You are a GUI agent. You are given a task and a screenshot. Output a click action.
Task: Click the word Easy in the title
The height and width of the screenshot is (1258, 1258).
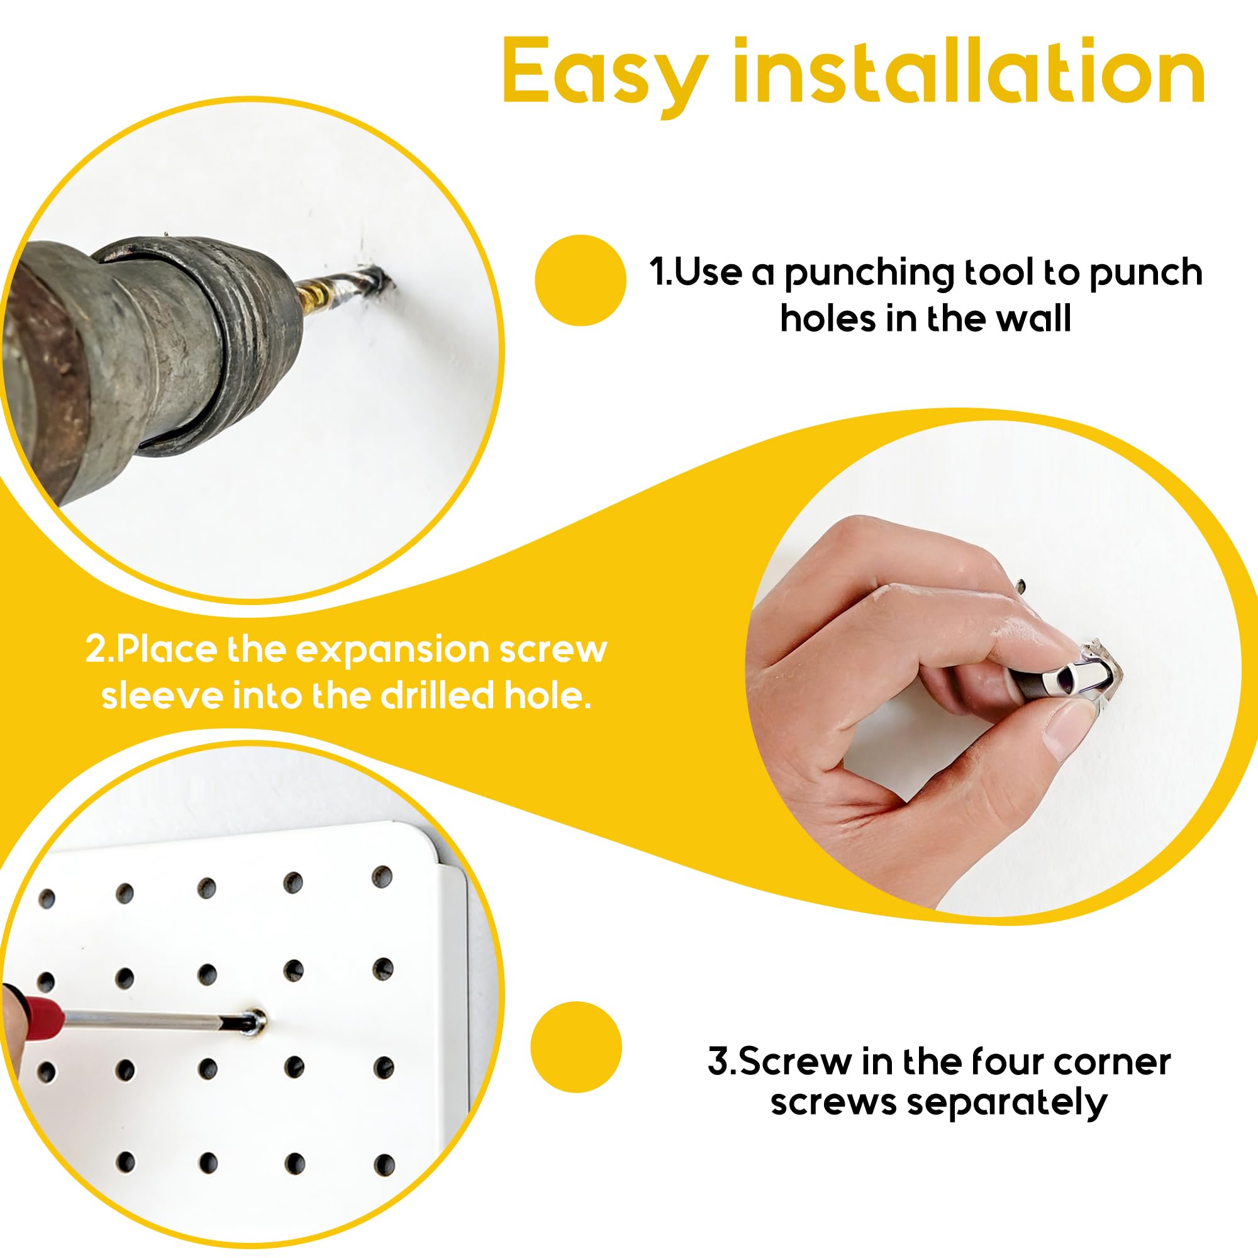tap(606, 75)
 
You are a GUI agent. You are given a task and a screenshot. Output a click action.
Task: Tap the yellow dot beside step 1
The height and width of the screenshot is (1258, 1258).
tap(580, 280)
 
